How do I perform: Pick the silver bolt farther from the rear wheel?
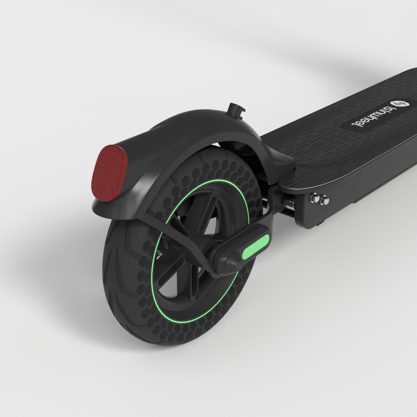(325, 200)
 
